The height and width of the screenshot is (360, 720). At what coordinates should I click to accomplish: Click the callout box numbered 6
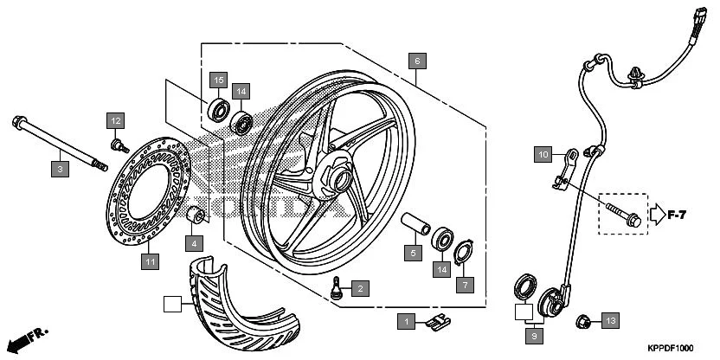[x=417, y=61]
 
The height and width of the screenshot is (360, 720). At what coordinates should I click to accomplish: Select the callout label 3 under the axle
[x=60, y=170]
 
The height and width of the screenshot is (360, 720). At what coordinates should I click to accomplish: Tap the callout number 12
[x=116, y=119]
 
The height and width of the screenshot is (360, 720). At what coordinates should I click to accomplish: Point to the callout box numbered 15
[x=219, y=80]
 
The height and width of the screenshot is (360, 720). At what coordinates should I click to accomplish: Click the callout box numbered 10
[x=542, y=154]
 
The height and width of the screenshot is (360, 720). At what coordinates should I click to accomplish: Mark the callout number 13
[x=609, y=321]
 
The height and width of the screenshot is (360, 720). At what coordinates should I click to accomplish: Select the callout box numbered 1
[x=405, y=321]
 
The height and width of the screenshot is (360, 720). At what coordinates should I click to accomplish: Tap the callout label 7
[x=465, y=285]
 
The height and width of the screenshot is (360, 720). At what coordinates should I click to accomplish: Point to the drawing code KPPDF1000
[x=671, y=347]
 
